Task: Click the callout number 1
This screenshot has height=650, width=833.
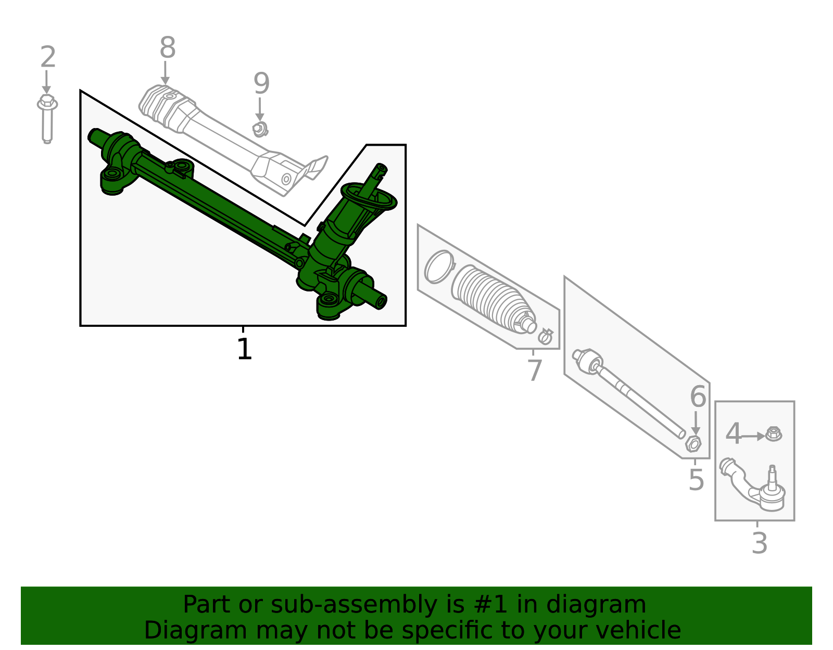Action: coord(244,349)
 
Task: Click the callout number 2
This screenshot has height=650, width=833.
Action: coord(47,57)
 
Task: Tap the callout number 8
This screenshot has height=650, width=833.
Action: coord(167,48)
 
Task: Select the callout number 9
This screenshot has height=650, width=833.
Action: coord(261,84)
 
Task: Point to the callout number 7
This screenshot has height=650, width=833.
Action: coord(534,371)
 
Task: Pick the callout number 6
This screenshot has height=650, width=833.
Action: coord(698,397)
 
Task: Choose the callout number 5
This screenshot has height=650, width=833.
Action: coord(696,480)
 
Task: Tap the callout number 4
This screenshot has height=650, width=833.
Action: coord(733,434)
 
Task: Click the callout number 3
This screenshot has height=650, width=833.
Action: coord(759,544)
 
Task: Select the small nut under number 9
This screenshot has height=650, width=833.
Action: coord(259,129)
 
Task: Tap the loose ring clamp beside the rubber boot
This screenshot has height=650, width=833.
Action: coord(438,266)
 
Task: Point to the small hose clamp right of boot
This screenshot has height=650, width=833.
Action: coord(545,337)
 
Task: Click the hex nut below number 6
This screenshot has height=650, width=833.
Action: coord(693,444)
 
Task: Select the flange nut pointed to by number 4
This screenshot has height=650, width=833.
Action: coord(774,434)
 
